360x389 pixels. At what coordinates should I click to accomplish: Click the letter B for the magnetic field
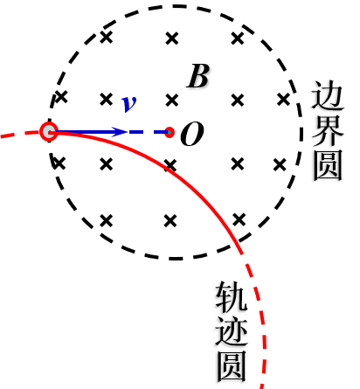pyautogui.click(x=198, y=76)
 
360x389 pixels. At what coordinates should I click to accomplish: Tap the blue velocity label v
pyautogui.click(x=129, y=103)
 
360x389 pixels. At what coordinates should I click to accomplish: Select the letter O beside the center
pyautogui.click(x=192, y=134)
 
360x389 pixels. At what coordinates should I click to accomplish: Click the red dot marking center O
pyautogui.click(x=170, y=133)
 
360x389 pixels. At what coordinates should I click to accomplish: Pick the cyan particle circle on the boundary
pyautogui.click(x=49, y=132)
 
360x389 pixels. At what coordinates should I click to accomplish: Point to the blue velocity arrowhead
pyautogui.click(x=120, y=132)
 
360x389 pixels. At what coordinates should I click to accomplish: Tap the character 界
pyautogui.click(x=328, y=131)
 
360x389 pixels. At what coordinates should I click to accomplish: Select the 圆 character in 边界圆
pyautogui.click(x=328, y=165)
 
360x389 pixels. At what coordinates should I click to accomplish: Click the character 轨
pyautogui.click(x=232, y=296)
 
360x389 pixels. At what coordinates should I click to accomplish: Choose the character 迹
pyautogui.click(x=232, y=331)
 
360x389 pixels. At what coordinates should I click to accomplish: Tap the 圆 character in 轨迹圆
pyautogui.click(x=232, y=366)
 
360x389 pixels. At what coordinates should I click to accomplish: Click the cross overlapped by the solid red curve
pyautogui.click(x=170, y=165)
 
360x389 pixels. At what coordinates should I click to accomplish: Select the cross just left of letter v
pyautogui.click(x=106, y=100)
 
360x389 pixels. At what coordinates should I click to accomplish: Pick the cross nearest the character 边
pyautogui.click(x=283, y=100)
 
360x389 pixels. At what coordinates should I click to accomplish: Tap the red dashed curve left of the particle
pyautogui.click(x=20, y=134)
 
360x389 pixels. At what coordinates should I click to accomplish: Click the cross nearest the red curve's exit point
pyautogui.click(x=239, y=219)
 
